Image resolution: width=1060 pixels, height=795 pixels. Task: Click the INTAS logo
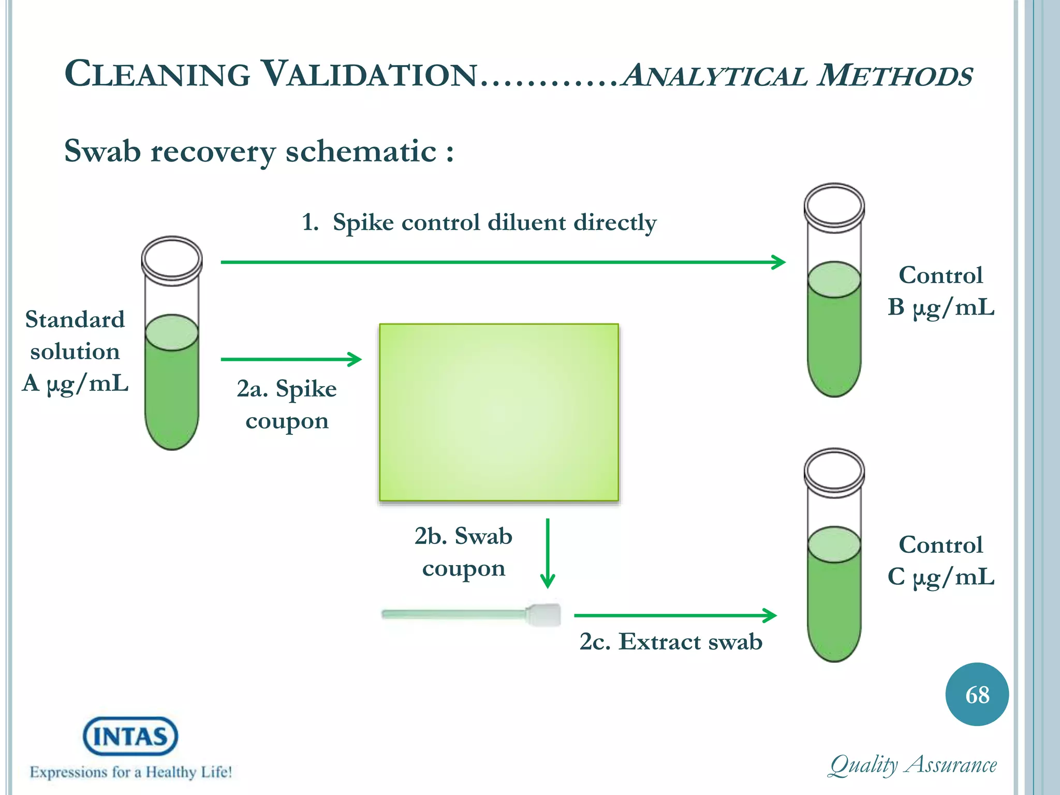pyautogui.click(x=130, y=735)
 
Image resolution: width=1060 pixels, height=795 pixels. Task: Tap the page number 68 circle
pyautogui.click(x=977, y=695)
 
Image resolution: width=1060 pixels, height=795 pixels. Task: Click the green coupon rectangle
pyautogui.click(x=498, y=413)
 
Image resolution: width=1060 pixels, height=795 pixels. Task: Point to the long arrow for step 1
pyautogui.click(x=502, y=262)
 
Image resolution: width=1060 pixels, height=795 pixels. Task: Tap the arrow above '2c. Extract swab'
pyautogui.click(x=675, y=615)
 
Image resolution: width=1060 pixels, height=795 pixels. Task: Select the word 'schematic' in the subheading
pyautogui.click(x=361, y=152)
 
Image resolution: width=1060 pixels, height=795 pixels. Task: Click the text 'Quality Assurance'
pyautogui.click(x=913, y=765)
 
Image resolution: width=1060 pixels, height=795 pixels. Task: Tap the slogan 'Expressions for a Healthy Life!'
pyautogui.click(x=130, y=772)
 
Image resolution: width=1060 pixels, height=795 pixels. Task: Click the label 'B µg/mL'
pyautogui.click(x=940, y=307)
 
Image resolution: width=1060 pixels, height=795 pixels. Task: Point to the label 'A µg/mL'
pyautogui.click(x=75, y=384)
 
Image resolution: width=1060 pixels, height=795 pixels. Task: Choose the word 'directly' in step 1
pyautogui.click(x=614, y=223)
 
